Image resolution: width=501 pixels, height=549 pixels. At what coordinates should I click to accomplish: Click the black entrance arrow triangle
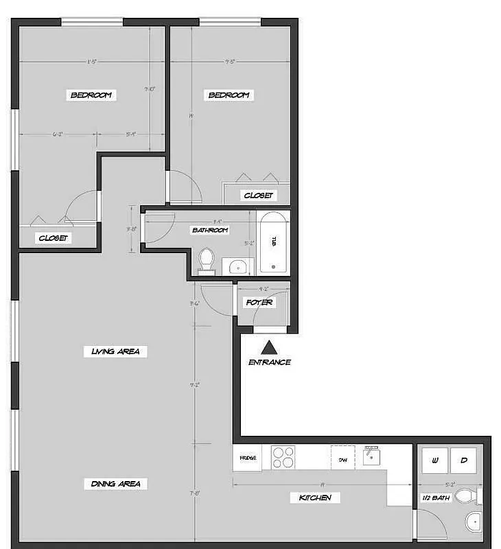tap(269, 347)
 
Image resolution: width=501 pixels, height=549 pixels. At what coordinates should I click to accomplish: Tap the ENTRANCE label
tap(269, 362)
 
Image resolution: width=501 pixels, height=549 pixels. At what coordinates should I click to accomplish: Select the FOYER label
tap(259, 303)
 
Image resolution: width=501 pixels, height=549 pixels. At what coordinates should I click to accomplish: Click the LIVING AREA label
tap(115, 351)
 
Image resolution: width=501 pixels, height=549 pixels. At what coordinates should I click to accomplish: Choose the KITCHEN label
tap(315, 498)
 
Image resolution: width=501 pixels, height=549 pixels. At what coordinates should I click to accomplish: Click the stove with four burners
tap(283, 457)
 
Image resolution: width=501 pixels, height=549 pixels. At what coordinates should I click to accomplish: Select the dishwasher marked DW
tap(342, 458)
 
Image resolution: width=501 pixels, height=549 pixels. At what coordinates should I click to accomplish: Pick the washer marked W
tap(434, 460)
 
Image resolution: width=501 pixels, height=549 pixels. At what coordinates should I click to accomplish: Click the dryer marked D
tap(463, 460)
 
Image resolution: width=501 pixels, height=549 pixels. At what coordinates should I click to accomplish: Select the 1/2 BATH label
tap(436, 498)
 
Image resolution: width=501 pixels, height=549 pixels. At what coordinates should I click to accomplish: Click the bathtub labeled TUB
tap(273, 242)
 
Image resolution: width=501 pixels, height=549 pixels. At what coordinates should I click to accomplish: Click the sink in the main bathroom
tap(237, 266)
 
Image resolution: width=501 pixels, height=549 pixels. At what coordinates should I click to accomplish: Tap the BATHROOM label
tap(209, 231)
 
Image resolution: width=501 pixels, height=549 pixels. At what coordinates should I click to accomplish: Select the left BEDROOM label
tap(91, 95)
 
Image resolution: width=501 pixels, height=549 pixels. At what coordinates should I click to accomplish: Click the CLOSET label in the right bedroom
tap(258, 196)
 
